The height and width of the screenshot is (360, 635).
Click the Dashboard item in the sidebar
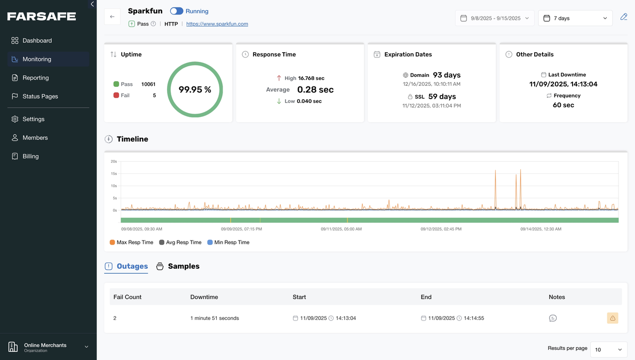37,41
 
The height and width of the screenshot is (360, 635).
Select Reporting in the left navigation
35,78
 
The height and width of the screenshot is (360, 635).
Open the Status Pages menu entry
40,97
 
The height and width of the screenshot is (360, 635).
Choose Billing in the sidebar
30,156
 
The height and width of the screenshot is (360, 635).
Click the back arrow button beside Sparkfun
112,17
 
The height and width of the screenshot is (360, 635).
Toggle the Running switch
177,11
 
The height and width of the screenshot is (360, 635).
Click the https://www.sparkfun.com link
217,24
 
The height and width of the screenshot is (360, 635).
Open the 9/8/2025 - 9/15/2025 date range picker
495,18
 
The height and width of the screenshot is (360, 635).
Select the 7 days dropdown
575,18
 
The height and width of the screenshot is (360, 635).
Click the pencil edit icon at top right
623,17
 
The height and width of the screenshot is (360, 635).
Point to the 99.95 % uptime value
195,90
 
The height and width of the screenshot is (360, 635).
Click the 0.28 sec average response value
315,90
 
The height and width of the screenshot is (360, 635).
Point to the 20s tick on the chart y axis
114,161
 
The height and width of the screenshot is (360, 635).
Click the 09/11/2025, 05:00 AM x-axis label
341,229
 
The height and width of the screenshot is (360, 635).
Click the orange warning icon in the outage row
613,318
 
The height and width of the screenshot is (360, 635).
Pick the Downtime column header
204,297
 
